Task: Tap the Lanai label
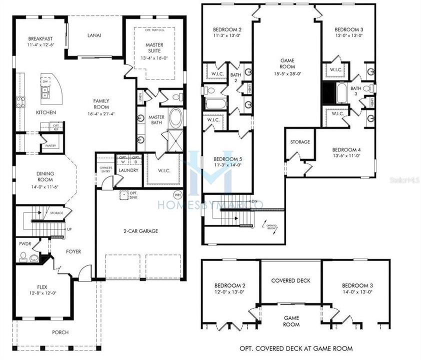[x=94, y=35]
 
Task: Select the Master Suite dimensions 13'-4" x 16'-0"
[x=154, y=57]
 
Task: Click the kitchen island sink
[x=44, y=91]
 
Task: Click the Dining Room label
[x=44, y=176]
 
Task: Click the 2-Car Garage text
[x=140, y=231]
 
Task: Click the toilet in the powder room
[x=23, y=257]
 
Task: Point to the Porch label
[x=60, y=332]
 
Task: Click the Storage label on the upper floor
[x=300, y=142]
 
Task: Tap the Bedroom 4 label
[x=346, y=150]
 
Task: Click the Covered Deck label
[x=291, y=280]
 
